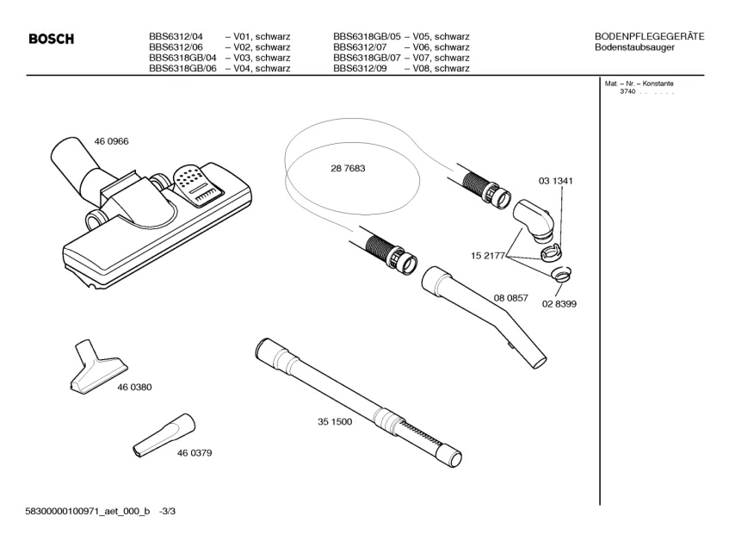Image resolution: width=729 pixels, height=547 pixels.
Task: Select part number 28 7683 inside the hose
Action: coord(348,169)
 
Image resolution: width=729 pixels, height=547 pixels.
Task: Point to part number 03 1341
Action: coord(556,182)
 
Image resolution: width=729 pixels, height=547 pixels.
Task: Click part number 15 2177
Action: coord(487,256)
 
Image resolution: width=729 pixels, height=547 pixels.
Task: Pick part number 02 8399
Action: coord(559,304)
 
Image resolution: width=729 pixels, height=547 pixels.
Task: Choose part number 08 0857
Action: coord(510,298)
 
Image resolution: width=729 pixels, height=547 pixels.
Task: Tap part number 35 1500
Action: coord(335,423)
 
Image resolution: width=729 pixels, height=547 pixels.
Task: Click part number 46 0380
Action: coord(134,388)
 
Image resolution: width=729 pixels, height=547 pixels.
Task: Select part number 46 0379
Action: coord(195,452)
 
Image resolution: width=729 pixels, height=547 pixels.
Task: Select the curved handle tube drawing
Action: coord(486,314)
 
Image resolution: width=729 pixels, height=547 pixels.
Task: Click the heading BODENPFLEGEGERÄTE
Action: coord(650,36)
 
